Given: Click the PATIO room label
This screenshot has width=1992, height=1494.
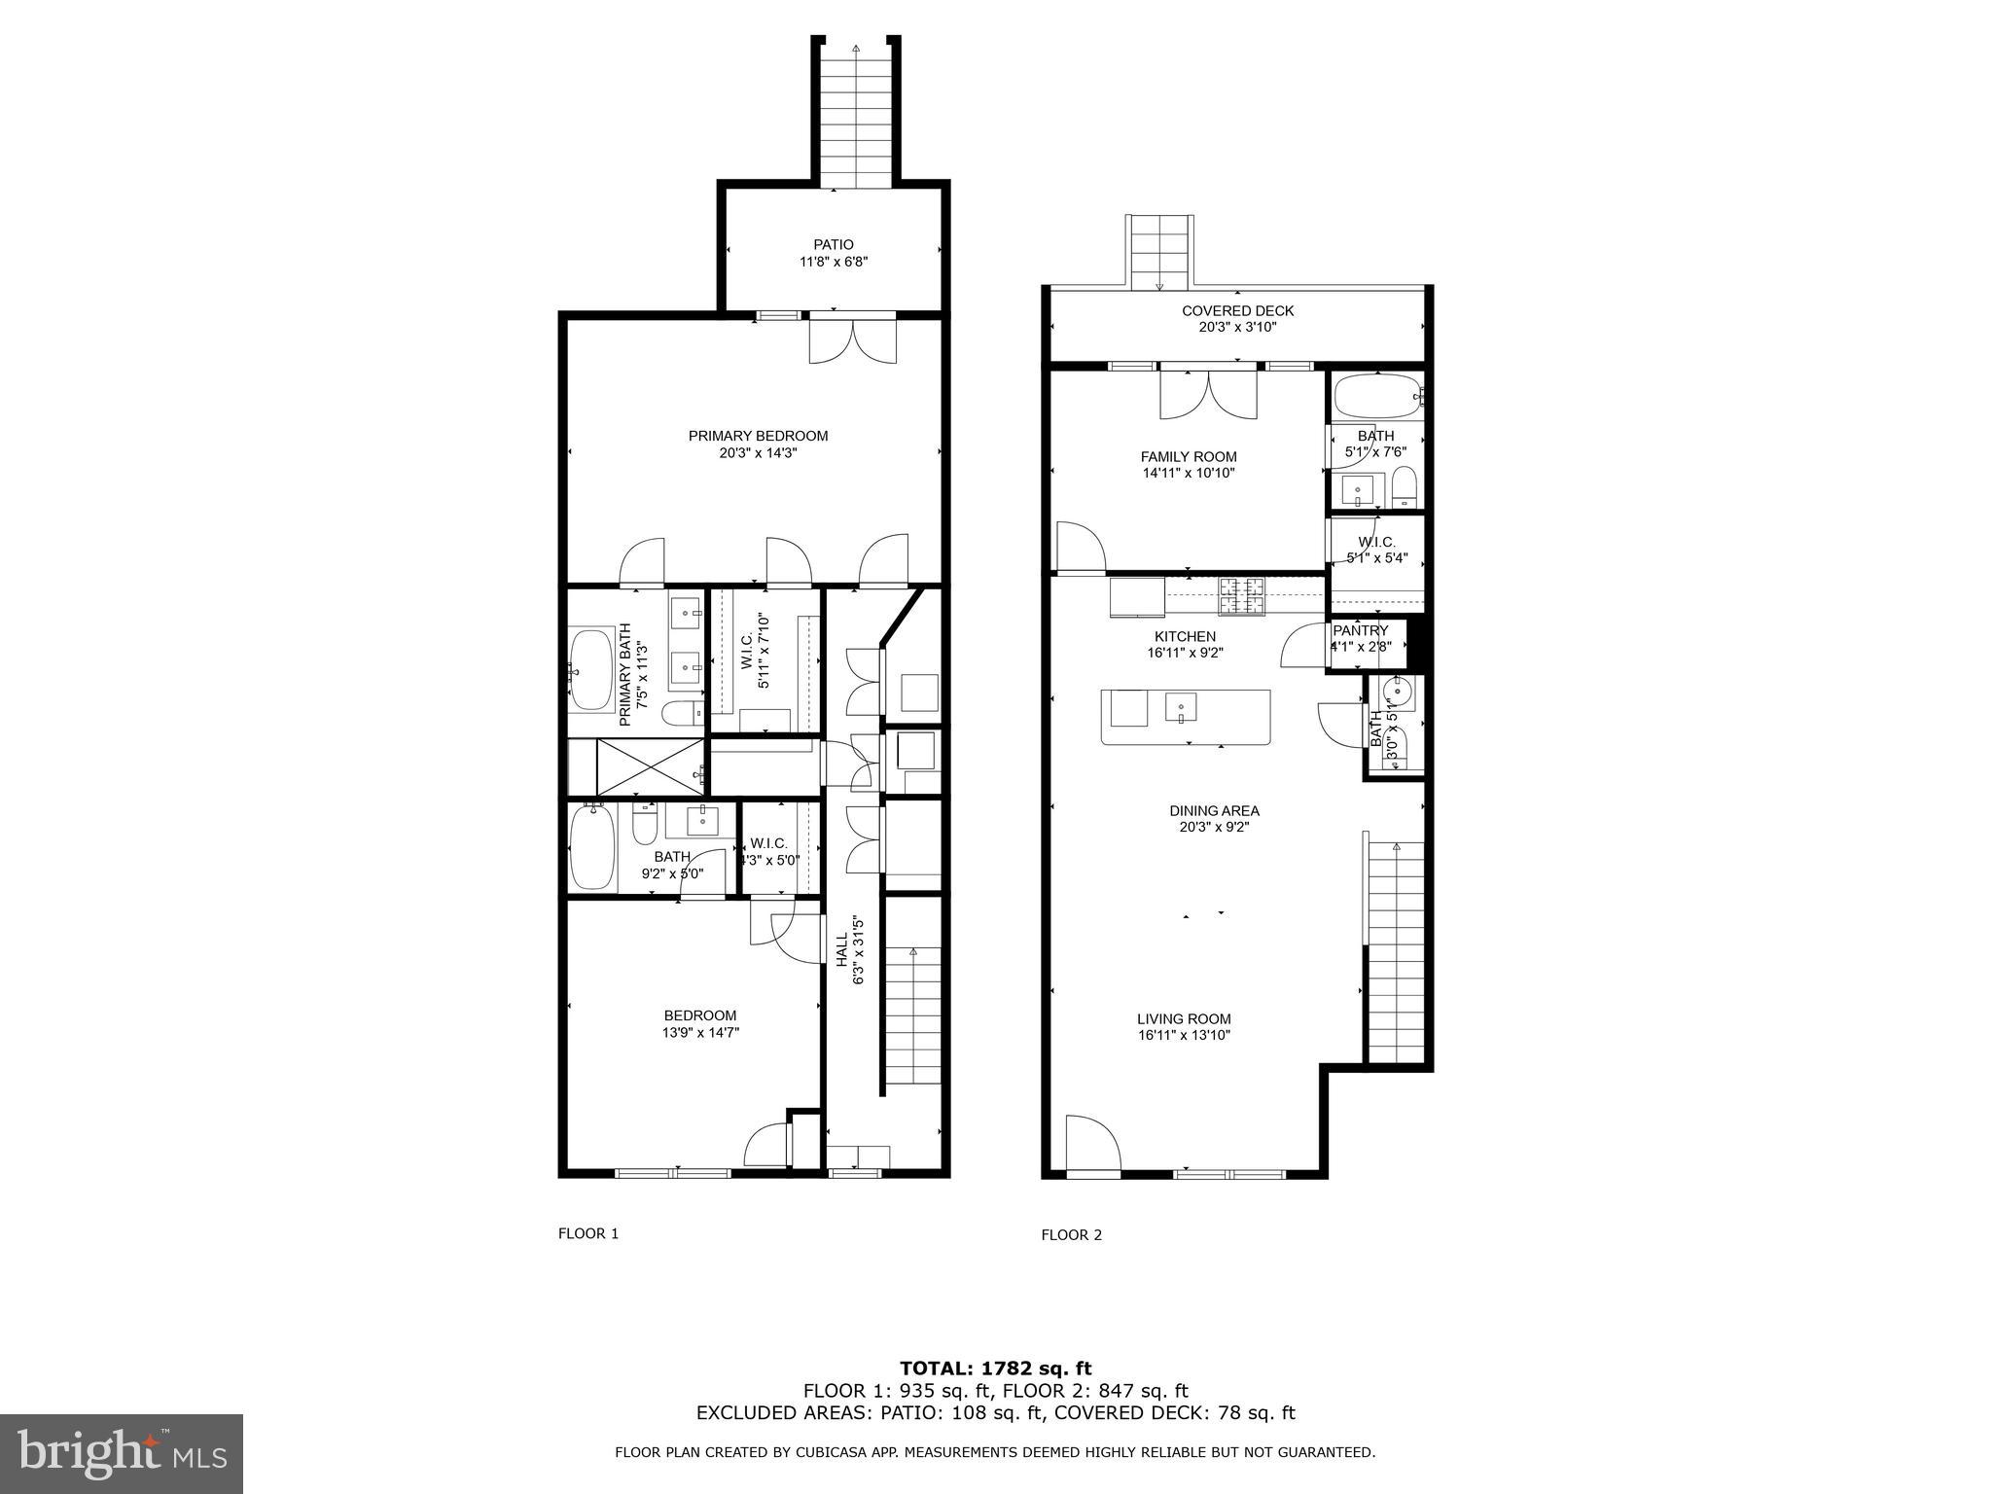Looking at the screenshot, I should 834,245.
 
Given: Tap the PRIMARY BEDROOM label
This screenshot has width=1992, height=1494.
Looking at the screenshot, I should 758,436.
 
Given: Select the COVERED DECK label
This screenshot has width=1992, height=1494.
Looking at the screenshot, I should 1237,311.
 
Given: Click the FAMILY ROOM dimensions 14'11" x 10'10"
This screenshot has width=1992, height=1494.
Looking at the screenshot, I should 1189,474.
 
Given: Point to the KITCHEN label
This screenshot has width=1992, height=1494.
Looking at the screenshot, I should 1185,636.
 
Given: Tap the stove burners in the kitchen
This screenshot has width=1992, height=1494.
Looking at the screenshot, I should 1242,595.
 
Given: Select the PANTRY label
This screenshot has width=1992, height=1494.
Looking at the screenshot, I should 1360,630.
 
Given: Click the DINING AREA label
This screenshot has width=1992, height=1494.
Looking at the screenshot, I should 1214,810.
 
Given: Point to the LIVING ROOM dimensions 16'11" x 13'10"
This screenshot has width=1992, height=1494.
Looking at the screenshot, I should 1184,1036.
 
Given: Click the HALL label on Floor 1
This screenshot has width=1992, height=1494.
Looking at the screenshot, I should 842,950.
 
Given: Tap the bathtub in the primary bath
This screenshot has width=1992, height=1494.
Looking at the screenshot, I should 592,670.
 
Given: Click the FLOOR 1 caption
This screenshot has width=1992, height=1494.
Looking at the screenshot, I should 587,1233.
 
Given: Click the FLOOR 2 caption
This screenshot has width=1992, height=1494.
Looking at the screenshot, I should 1071,1235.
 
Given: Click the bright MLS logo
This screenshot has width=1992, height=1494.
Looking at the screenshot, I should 122,1454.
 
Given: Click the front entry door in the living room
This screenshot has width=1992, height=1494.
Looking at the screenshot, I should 1092,1146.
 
